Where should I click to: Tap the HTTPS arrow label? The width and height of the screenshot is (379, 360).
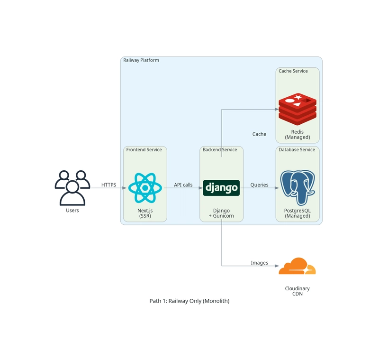pyautogui.click(x=108, y=185)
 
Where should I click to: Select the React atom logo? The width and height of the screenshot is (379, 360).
pyautogui.click(x=145, y=188)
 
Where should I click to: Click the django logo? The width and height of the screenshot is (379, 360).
pyautogui.click(x=221, y=188)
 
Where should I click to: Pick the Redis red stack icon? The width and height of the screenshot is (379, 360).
pyautogui.click(x=297, y=108)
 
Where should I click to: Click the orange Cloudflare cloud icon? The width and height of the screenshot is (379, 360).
pyautogui.click(x=297, y=267)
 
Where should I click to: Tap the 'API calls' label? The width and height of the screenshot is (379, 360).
pyautogui.click(x=183, y=185)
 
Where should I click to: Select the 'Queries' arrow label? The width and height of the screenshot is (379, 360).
pyautogui.click(x=259, y=185)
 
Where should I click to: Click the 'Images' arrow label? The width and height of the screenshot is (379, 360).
pyautogui.click(x=259, y=263)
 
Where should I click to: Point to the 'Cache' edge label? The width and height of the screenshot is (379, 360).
pyautogui.click(x=259, y=134)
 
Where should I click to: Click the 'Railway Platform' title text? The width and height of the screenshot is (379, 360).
pyautogui.click(x=141, y=60)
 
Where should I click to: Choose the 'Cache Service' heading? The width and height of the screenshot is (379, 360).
pyautogui.click(x=293, y=71)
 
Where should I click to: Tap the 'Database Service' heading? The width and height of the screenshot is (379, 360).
pyautogui.click(x=297, y=150)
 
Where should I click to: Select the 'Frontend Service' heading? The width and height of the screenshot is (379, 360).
pyautogui.click(x=144, y=150)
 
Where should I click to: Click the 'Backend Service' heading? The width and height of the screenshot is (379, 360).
pyautogui.click(x=220, y=150)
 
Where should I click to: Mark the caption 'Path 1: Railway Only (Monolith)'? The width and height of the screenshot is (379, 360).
pyautogui.click(x=189, y=301)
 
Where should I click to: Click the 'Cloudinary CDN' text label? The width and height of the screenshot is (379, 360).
pyautogui.click(x=297, y=291)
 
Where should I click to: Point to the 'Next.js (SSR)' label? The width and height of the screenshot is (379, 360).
pyautogui.click(x=145, y=213)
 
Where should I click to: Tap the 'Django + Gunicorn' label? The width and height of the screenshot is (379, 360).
pyautogui.click(x=221, y=213)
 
